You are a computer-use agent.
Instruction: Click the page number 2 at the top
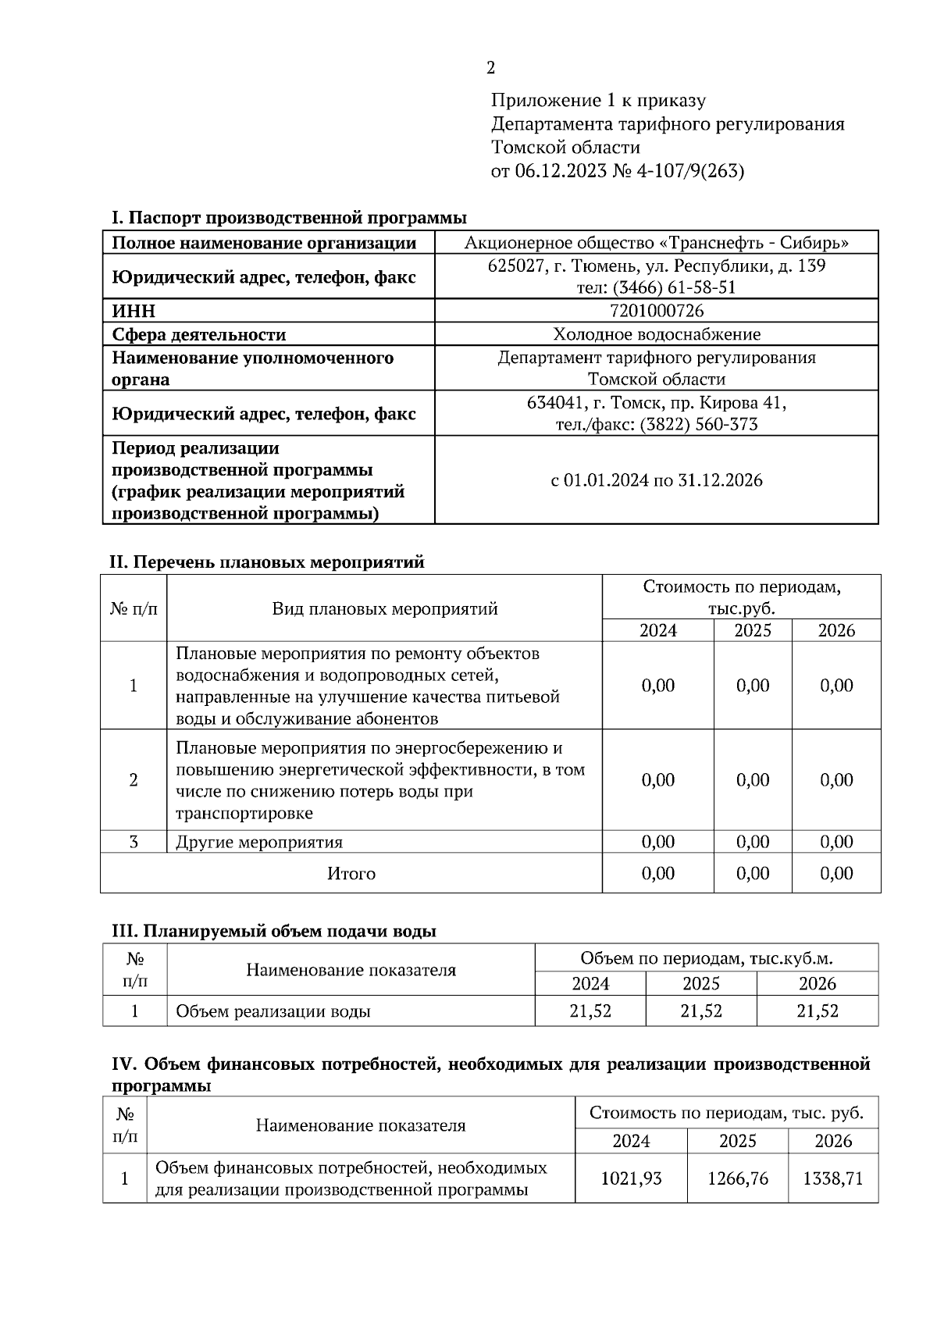pyautogui.click(x=490, y=69)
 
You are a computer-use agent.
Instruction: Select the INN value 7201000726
pyautogui.click(x=656, y=311)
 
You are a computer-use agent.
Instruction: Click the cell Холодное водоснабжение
pyautogui.click(x=656, y=334)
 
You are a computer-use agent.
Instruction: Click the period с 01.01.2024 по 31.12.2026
pyautogui.click(x=656, y=480)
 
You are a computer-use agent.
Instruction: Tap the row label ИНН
pyautogui.click(x=134, y=311)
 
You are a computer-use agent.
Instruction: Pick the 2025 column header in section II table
pyautogui.click(x=752, y=630)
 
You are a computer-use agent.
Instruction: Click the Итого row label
pyautogui.click(x=351, y=873)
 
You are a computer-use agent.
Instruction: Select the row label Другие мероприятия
pyautogui.click(x=259, y=842)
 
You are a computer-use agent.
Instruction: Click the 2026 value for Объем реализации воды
pyautogui.click(x=817, y=1011)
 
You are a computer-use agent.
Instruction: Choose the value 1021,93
pyautogui.click(x=631, y=1178)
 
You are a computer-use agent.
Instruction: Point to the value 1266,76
pyautogui.click(x=737, y=1178)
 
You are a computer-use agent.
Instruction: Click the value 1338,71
pyautogui.click(x=832, y=1178)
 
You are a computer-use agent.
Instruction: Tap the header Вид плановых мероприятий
pyautogui.click(x=384, y=609)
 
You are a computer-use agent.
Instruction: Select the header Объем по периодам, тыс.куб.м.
pyautogui.click(x=706, y=958)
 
